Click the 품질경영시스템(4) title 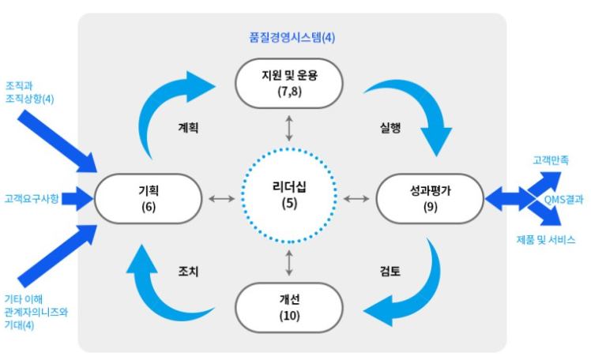pos(292,37)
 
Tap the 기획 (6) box pos(148,198)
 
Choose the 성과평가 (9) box pos(430,198)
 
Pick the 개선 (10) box pos(289,307)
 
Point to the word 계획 pos(188,128)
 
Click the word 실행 pos(390,128)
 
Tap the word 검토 pos(390,271)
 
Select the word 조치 pos(188,271)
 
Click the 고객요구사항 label pos(32,198)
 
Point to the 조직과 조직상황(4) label pos(29,92)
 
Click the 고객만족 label pos(551,160)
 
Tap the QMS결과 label pos(563,199)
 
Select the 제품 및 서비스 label pos(546,239)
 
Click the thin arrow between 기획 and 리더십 pos(221,198)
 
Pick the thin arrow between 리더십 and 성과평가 pos(356,198)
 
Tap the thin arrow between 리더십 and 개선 pos(289,263)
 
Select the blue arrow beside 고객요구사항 pos(77,198)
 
